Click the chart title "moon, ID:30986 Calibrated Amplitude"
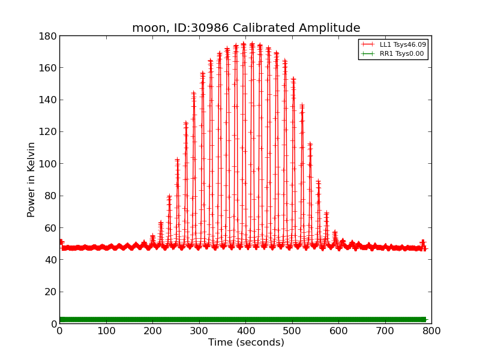(246, 28)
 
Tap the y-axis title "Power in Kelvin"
(31, 179)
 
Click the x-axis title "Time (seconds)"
(246, 343)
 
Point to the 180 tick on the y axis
(48, 36)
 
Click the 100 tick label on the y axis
(48, 164)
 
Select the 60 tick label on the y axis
(50, 228)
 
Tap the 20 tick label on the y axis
(50, 292)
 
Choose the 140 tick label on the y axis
(48, 100)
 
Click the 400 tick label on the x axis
(245, 331)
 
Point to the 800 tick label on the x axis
(431, 331)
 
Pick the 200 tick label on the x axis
(152, 331)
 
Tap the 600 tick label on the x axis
(338, 331)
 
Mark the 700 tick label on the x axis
(385, 331)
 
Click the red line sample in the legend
(368, 44)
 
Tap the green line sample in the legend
(368, 54)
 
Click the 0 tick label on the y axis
(53, 324)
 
